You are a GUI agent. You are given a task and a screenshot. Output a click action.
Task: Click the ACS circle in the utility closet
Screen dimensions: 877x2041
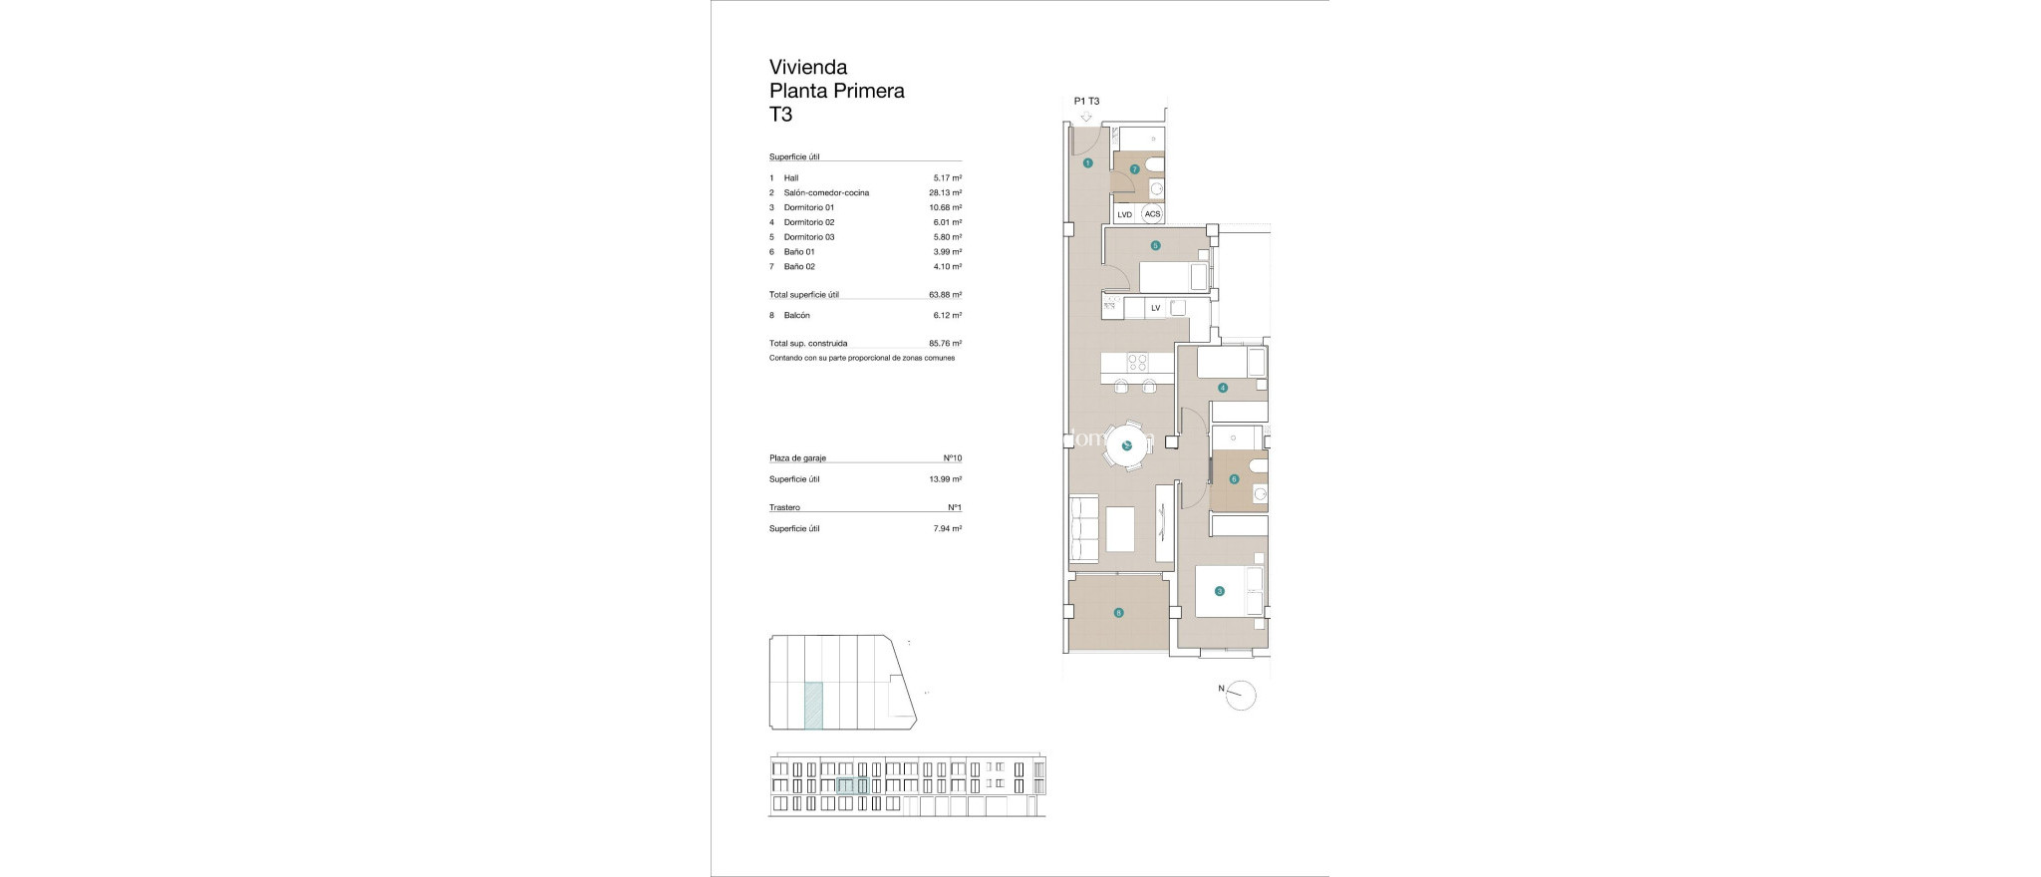coord(1152,214)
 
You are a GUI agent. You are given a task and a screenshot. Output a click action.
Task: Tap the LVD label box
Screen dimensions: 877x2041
coord(1125,214)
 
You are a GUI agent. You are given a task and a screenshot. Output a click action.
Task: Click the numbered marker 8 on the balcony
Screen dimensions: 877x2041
coord(1119,613)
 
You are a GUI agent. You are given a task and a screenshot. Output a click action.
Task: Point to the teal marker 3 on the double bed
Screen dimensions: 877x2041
coord(1220,591)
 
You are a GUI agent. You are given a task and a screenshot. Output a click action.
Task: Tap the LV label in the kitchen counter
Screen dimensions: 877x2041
coord(1155,308)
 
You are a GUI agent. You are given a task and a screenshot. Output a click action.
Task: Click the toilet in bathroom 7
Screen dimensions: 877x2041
coord(1153,164)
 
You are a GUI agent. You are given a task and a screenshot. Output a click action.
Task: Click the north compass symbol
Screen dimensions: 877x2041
coord(1241,695)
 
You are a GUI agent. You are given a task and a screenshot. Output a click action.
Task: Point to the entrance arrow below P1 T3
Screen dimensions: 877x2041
coord(1086,118)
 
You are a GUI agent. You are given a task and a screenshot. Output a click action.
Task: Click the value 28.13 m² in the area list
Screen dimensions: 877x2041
coord(945,192)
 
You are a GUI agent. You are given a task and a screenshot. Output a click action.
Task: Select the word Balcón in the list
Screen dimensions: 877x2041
coord(797,315)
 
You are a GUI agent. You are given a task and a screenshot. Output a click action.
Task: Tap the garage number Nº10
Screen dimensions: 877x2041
coord(952,458)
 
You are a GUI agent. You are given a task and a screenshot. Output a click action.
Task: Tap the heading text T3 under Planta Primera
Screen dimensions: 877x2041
coord(780,115)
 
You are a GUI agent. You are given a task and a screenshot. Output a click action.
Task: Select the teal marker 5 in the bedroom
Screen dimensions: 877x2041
coord(1155,245)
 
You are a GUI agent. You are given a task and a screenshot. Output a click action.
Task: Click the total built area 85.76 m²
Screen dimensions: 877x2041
coord(945,343)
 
